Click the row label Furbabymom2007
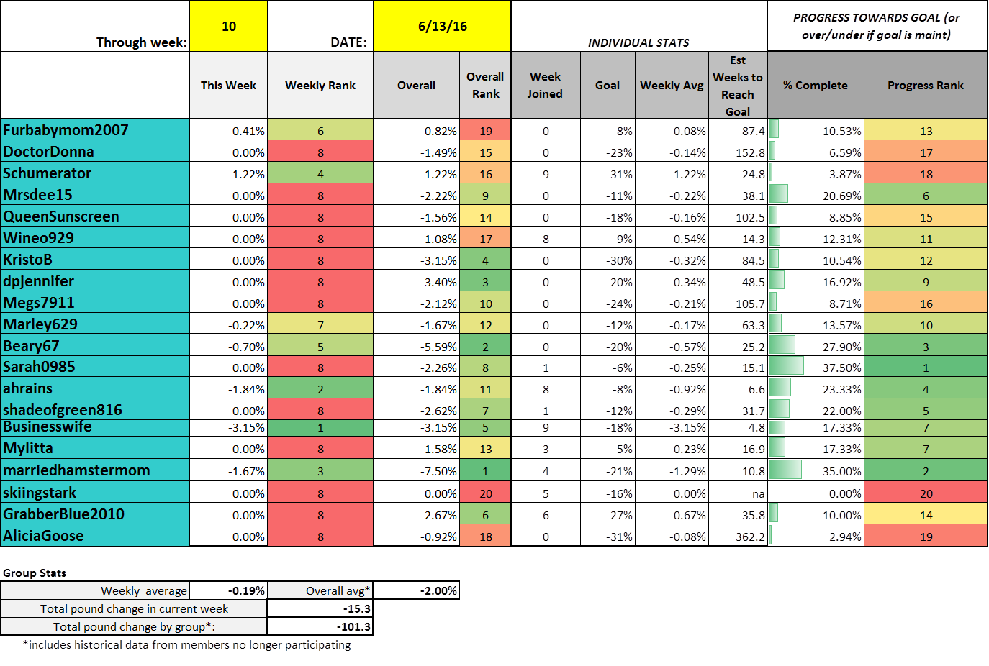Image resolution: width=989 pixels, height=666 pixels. (x=66, y=130)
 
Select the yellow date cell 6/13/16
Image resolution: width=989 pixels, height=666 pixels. (x=442, y=27)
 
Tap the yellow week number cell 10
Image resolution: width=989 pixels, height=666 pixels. (x=229, y=27)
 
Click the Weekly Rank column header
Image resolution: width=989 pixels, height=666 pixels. (x=320, y=85)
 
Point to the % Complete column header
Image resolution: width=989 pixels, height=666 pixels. (x=816, y=85)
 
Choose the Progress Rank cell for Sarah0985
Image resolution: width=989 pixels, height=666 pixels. (x=926, y=368)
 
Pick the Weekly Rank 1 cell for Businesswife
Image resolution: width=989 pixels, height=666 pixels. (x=320, y=427)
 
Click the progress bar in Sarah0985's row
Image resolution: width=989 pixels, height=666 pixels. (x=786, y=367)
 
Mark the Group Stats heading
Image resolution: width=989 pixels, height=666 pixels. (x=35, y=573)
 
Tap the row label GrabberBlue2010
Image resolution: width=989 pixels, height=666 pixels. (x=63, y=514)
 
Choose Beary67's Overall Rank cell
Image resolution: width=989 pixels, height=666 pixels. (x=485, y=347)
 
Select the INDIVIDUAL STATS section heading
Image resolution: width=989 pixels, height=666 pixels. (x=638, y=43)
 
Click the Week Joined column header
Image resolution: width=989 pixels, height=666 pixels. (x=545, y=85)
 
